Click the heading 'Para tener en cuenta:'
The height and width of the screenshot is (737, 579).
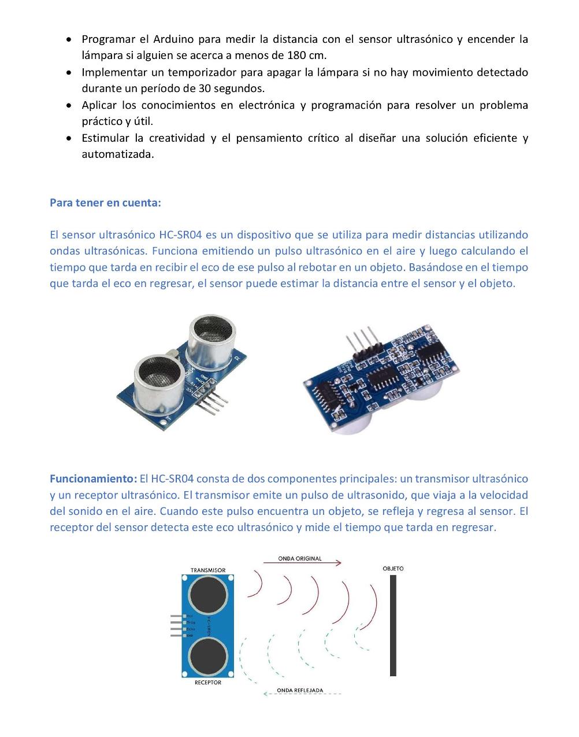(x=105, y=202)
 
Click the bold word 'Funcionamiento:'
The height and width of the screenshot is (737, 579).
(x=93, y=479)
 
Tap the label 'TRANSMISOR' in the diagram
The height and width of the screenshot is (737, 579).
(x=208, y=570)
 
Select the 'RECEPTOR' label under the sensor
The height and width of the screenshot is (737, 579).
(x=208, y=683)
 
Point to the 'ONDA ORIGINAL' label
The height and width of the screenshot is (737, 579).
(x=300, y=559)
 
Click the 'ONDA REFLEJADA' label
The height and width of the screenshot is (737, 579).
(x=300, y=690)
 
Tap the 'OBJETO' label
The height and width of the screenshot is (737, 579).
(x=393, y=569)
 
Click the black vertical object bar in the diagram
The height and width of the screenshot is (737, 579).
(x=393, y=625)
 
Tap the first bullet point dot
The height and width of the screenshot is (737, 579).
(x=69, y=40)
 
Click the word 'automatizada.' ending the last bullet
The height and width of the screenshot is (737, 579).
(x=118, y=155)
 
